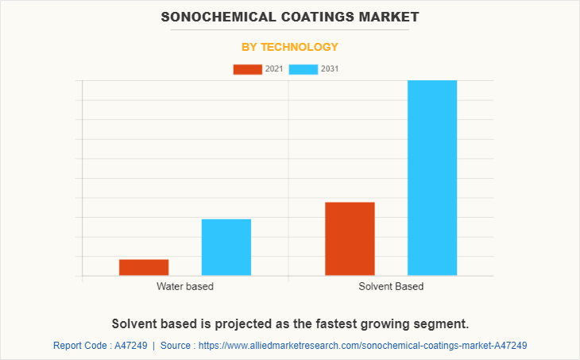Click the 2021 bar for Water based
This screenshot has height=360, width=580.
pos(144,268)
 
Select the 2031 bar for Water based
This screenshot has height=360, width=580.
pos(226,247)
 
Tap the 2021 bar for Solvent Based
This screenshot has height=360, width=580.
pos(350,239)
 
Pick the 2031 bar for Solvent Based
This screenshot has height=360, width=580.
pos(432,178)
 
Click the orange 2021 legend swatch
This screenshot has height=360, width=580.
pos(247,69)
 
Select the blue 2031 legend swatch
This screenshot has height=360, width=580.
pos(304,69)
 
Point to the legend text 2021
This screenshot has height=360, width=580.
pos(274,69)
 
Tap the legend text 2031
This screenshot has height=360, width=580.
pos(330,69)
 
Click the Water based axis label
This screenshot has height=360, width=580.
pos(185,286)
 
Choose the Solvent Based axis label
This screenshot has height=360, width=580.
pos(391,286)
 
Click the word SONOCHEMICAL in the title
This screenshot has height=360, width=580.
pos(210,17)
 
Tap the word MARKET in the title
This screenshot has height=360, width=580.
pos(386,17)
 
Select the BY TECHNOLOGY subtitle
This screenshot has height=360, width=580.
pos(290,47)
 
